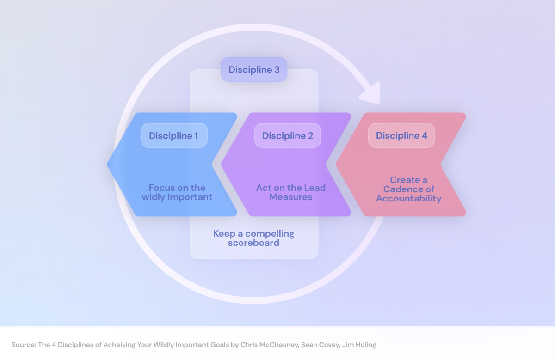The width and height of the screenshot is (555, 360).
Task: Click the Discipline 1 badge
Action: coord(174,135)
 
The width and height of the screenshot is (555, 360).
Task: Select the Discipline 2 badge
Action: coord(287,135)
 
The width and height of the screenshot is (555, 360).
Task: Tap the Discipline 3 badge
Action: coord(254,70)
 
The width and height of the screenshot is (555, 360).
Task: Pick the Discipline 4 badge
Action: coord(401,135)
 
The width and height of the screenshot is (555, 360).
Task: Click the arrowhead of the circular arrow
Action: coord(371,94)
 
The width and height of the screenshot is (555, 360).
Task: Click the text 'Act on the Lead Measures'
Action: coord(291,192)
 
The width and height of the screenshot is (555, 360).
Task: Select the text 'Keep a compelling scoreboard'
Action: coord(253,238)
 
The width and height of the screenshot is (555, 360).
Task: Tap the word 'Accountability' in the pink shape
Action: coord(408,199)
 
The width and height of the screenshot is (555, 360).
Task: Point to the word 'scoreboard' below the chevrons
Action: coord(253,243)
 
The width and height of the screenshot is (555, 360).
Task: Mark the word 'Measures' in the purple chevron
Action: coord(291,197)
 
